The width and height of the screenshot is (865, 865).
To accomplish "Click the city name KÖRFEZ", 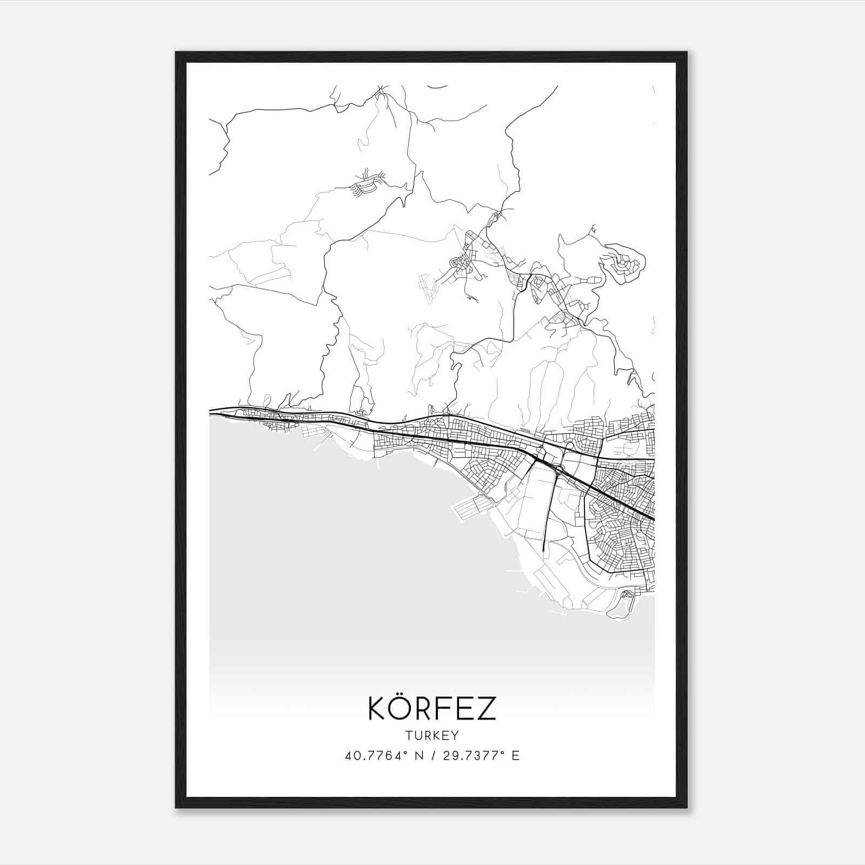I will pyautogui.click(x=432, y=709).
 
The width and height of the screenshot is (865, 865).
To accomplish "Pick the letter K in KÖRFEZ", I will pyautogui.click(x=377, y=709).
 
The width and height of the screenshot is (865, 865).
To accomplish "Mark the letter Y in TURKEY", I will pyautogui.click(x=456, y=735).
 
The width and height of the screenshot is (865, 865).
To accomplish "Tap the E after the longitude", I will pyautogui.click(x=516, y=756).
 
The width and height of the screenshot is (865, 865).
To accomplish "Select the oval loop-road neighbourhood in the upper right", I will pyautogui.click(x=622, y=265).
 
